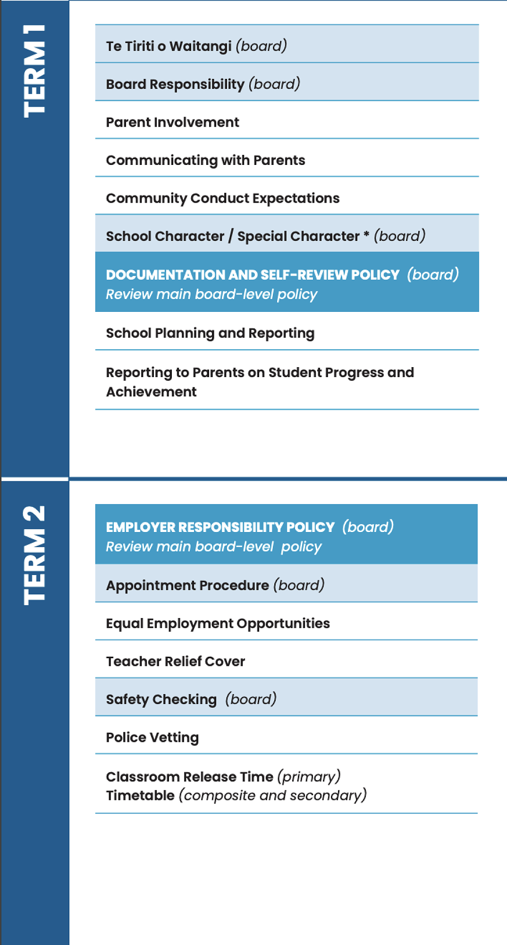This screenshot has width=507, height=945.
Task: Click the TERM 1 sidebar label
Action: pyautogui.click(x=34, y=71)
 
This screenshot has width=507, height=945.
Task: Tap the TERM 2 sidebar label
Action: pyautogui.click(x=34, y=556)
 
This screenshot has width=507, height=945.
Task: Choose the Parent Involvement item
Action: pyautogui.click(x=172, y=122)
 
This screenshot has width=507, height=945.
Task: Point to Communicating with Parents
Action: pyautogui.click(x=205, y=160)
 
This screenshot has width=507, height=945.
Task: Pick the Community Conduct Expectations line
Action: pyautogui.click(x=222, y=198)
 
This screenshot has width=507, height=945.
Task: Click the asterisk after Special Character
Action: pyautogui.click(x=366, y=234)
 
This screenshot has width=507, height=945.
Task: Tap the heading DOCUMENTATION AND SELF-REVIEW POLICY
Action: pyautogui.click(x=253, y=275)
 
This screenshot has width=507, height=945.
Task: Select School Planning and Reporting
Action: pyautogui.click(x=210, y=333)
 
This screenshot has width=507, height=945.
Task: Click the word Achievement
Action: pyautogui.click(x=151, y=392)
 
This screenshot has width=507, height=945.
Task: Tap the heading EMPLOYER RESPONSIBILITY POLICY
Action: pyautogui.click(x=220, y=527)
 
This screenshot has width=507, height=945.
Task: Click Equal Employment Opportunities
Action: pyautogui.click(x=218, y=623)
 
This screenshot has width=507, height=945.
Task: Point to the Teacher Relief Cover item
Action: pyautogui.click(x=175, y=661)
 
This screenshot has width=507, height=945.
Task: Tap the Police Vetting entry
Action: pyautogui.click(x=152, y=738)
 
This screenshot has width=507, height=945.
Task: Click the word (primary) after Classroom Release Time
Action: pyautogui.click(x=309, y=777)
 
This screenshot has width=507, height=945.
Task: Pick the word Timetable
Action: pyautogui.click(x=140, y=796)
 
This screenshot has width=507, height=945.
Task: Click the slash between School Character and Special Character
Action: pyautogui.click(x=231, y=236)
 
